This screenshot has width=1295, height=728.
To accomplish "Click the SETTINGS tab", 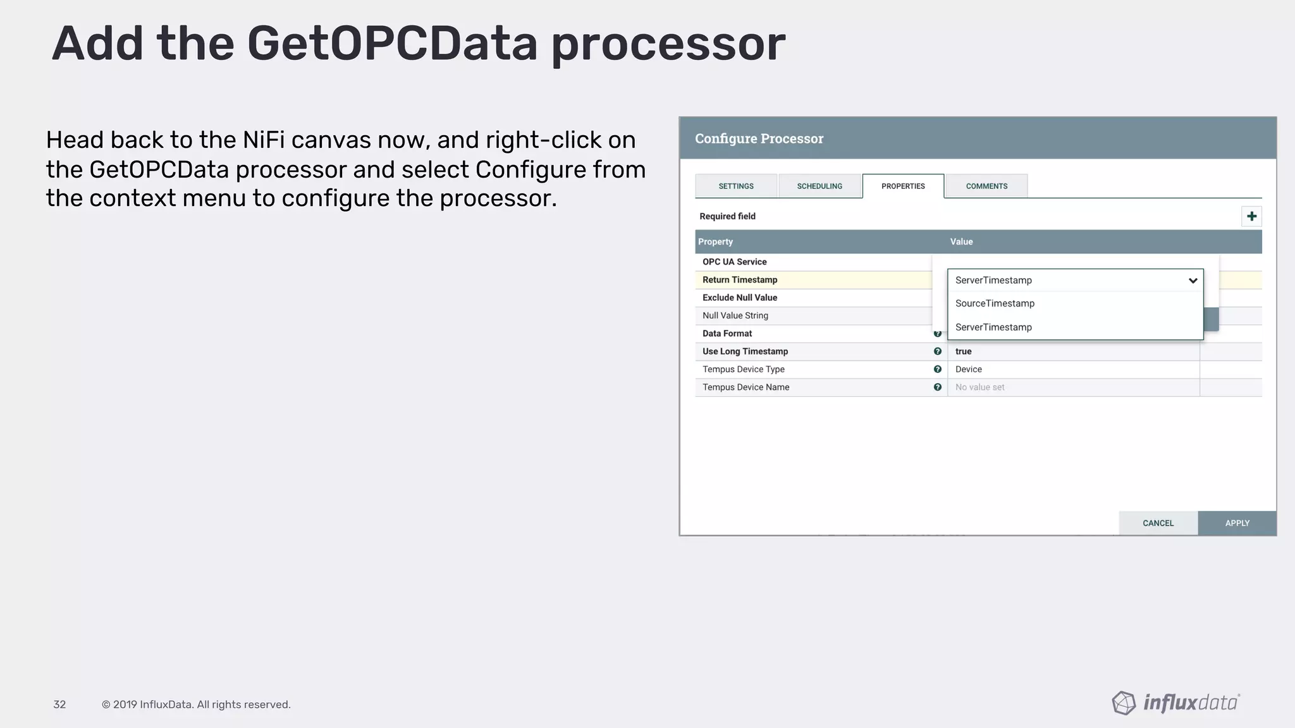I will pyautogui.click(x=736, y=186).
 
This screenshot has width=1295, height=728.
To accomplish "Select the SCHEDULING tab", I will pyautogui.click(x=819, y=186).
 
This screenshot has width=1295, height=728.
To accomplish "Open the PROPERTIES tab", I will pyautogui.click(x=903, y=186).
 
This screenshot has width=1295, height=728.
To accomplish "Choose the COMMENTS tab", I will pyautogui.click(x=986, y=186).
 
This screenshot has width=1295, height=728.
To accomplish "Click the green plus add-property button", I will pyautogui.click(x=1251, y=217).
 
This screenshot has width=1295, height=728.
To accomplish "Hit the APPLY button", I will pyautogui.click(x=1237, y=523).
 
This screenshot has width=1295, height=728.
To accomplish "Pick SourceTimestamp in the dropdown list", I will pyautogui.click(x=995, y=303).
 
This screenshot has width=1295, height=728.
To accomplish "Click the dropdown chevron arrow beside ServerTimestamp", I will pyautogui.click(x=1193, y=281).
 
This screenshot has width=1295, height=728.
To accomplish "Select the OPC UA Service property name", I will pyautogui.click(x=734, y=262).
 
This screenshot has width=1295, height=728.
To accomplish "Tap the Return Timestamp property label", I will pyautogui.click(x=740, y=280).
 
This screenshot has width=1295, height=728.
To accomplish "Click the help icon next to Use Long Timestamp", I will pyautogui.click(x=938, y=351).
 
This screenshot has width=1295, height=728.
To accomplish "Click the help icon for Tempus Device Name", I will pyautogui.click(x=938, y=387).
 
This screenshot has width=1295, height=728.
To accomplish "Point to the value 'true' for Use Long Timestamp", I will pyautogui.click(x=963, y=351).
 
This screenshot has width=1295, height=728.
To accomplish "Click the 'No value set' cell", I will pyautogui.click(x=979, y=387).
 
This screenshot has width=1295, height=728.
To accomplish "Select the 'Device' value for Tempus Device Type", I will pyautogui.click(x=968, y=370).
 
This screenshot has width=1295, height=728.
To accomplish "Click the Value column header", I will pyautogui.click(x=961, y=242).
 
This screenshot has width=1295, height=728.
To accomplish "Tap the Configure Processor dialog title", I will pyautogui.click(x=759, y=138).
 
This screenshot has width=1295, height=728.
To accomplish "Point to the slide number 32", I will pyautogui.click(x=59, y=705).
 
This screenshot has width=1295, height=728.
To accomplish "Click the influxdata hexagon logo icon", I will pyautogui.click(x=1124, y=703).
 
